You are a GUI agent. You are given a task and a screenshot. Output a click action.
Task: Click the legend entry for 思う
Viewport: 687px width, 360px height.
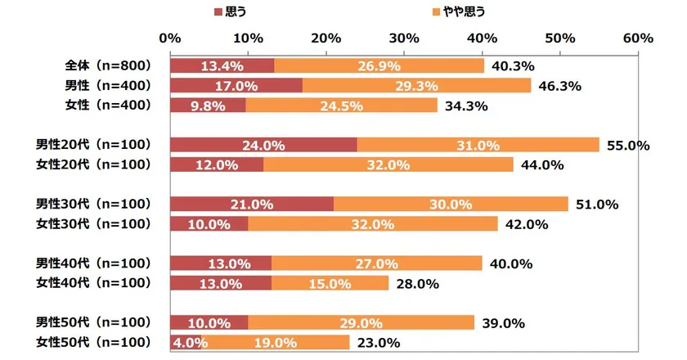[231, 12]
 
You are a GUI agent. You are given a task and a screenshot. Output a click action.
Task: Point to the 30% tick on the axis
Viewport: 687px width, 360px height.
[404, 38]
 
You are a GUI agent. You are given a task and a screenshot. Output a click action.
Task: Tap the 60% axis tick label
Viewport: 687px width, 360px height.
[637, 38]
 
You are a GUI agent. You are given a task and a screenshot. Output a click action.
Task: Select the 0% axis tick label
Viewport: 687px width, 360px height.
[170, 38]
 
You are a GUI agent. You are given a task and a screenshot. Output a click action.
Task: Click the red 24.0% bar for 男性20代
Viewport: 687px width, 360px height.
[263, 145]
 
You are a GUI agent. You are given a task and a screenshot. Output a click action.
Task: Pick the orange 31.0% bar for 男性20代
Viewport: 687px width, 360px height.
[478, 145]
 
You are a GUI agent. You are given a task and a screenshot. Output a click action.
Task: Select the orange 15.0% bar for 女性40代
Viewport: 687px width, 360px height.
[330, 283]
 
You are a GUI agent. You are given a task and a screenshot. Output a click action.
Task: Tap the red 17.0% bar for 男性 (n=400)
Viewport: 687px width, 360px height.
[236, 85]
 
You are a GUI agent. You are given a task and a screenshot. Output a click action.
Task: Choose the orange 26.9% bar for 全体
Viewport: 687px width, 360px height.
[379, 65]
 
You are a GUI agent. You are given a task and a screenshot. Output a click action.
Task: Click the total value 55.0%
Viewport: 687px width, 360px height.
[628, 145]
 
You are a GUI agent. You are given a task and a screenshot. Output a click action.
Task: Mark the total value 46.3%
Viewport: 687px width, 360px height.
[560, 85]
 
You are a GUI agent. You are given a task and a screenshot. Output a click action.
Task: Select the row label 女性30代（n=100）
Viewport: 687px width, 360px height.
[95, 223]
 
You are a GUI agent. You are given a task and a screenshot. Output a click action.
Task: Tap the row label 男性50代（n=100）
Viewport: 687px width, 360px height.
[95, 322]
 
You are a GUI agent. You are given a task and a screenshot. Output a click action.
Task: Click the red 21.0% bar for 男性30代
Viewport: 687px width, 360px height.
[252, 204]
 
